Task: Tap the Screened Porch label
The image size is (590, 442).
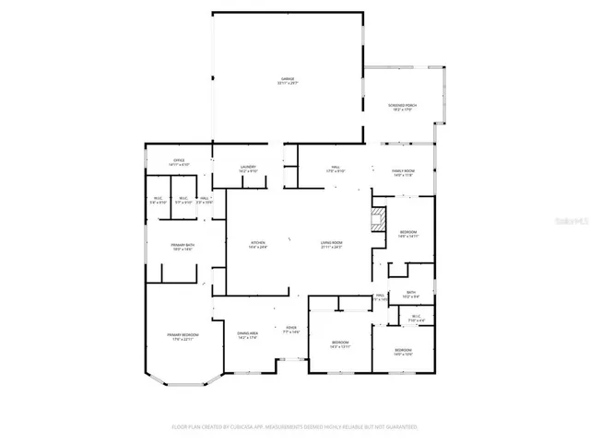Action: (402, 107)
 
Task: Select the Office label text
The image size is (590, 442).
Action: (179, 163)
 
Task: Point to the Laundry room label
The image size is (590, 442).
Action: (248, 169)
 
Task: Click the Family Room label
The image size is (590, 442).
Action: (404, 173)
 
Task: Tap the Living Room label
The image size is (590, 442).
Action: (332, 245)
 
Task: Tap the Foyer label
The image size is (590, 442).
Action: (290, 329)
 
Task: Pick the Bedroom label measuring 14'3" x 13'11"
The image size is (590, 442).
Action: (340, 345)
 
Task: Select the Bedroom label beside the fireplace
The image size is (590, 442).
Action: (408, 233)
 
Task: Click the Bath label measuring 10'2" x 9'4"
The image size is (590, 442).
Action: (411, 295)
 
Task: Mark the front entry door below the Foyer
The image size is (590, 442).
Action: (290, 360)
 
